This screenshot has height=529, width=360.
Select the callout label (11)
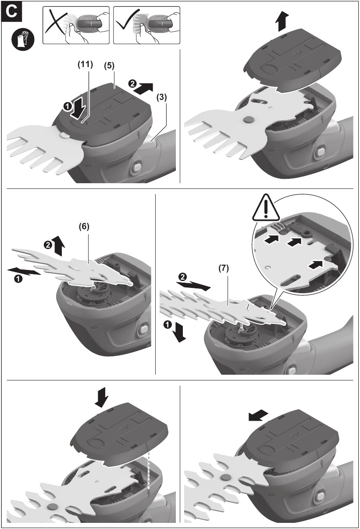(86, 64)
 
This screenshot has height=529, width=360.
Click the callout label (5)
(108, 64)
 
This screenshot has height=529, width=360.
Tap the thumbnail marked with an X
(75, 25)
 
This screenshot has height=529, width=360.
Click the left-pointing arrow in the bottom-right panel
(257, 415)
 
